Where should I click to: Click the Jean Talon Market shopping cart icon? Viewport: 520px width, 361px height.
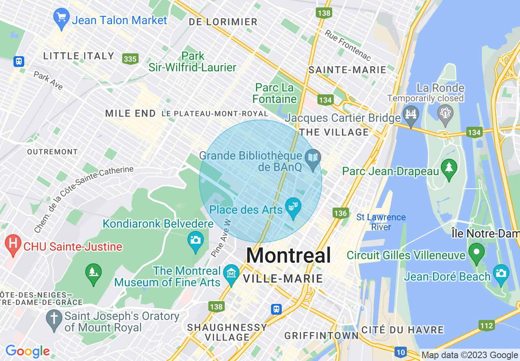62,18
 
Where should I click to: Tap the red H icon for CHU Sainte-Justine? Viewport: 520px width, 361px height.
13,244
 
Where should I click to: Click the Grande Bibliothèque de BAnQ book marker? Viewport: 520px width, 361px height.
313,158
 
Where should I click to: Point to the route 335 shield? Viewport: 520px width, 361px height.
130,59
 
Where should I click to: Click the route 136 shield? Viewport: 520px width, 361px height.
340,213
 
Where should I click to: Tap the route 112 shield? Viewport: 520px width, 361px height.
486,326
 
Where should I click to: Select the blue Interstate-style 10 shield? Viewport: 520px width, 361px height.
401,352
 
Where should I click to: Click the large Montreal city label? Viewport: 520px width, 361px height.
288,256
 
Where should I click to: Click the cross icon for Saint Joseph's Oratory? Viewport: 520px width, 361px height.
54,319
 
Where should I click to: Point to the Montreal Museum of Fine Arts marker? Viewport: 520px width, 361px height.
232,273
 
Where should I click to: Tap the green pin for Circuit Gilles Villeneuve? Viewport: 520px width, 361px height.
476,252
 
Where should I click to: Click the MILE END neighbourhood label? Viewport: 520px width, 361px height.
130,113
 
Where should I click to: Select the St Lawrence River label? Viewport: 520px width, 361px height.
381,222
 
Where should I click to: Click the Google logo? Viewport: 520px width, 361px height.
27,352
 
